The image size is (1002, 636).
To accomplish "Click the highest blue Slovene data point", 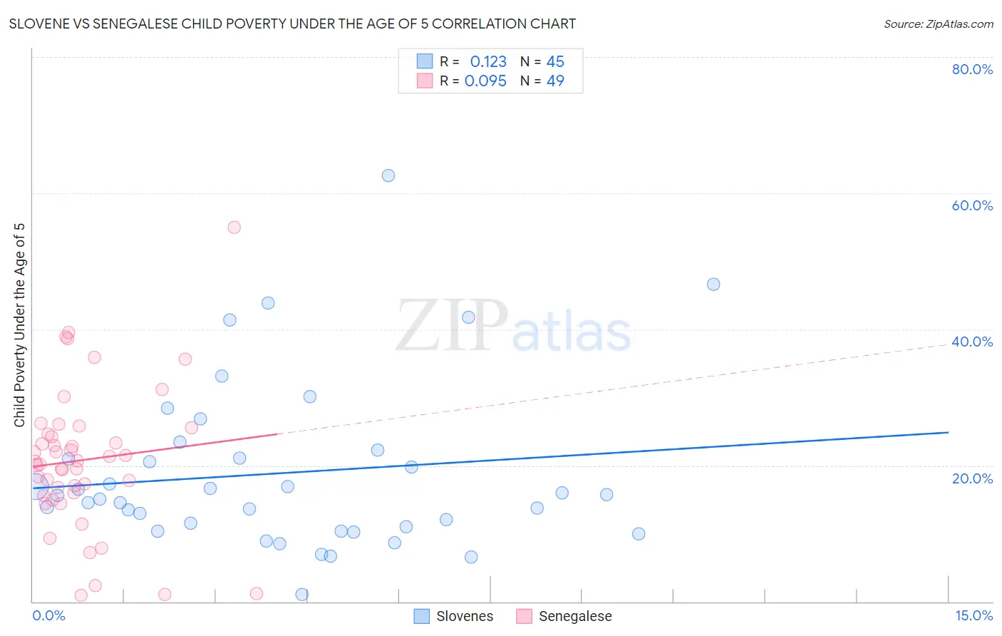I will pos(388,175).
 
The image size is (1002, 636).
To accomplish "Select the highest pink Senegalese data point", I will pos(234,227).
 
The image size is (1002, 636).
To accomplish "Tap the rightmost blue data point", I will pos(713,284).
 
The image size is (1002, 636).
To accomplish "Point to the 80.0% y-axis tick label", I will pos(972,69).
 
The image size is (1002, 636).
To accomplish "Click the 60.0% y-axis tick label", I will pos(972,205).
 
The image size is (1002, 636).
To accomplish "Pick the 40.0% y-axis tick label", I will pos(972,342).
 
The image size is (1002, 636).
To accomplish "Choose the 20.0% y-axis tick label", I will pos(972,478).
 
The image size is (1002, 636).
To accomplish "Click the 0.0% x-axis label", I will pos(48,616).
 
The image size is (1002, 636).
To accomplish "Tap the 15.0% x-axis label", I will pos(973,616).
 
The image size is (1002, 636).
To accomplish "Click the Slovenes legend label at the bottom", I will pos(465,617).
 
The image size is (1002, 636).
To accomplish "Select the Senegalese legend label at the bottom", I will pos(575,617).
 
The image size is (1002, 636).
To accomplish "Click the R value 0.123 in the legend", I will pos(488,62).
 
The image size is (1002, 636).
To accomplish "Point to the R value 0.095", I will pos(485,81).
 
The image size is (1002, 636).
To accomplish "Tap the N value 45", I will pos(555,62).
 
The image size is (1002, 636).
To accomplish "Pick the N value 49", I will pos(555,81).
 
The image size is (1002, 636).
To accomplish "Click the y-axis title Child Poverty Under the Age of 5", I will pos(20,325).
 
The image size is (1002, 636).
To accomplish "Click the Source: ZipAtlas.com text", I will pos(939,24).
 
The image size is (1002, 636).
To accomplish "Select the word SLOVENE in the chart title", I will pos(41,24).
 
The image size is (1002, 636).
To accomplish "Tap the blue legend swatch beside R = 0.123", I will pos(425,61).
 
